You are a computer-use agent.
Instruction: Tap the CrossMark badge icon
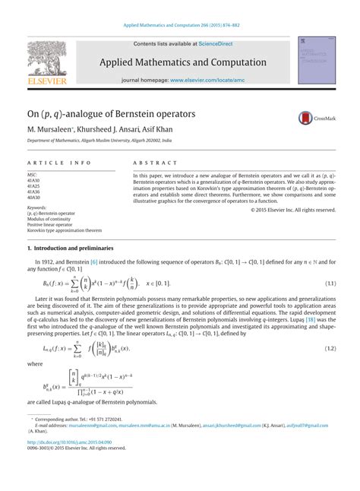click(306, 117)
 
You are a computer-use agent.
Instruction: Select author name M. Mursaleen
click(51, 130)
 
